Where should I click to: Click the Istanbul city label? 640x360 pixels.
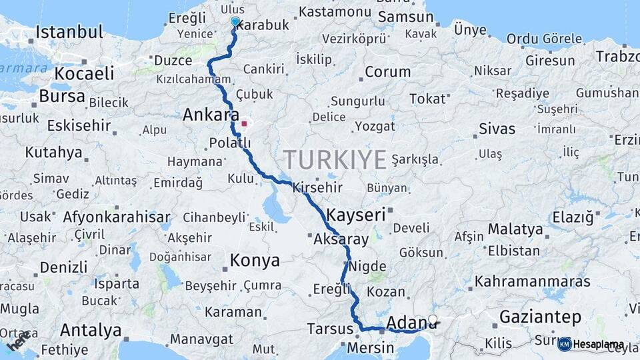[x=69, y=31]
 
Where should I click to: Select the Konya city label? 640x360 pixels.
[x=255, y=260]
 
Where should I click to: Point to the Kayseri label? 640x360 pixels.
[x=356, y=215]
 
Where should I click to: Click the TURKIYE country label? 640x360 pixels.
[x=335, y=160]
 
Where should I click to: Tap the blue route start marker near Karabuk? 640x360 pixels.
[x=235, y=21]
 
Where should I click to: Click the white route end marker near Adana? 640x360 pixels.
[x=433, y=320]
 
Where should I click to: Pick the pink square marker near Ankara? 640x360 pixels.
[x=245, y=123]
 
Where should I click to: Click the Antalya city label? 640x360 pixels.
[x=91, y=330]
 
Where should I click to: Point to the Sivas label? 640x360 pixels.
[x=497, y=128]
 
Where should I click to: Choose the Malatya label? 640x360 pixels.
[x=515, y=229]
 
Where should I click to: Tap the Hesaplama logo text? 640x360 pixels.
[x=599, y=345]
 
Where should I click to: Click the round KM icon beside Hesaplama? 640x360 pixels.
[x=565, y=344]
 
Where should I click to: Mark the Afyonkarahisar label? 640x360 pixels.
[x=117, y=217]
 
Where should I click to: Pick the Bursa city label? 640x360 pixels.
[x=62, y=96]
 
